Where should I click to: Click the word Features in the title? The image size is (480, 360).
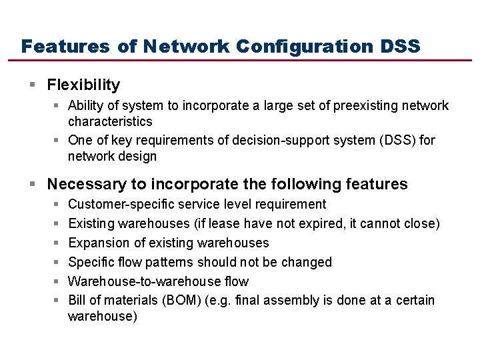tap(65, 47)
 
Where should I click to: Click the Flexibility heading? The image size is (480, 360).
tap(83, 85)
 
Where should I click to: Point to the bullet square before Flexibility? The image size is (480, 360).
tap(33, 85)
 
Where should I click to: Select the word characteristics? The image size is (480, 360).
tap(110, 121)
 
